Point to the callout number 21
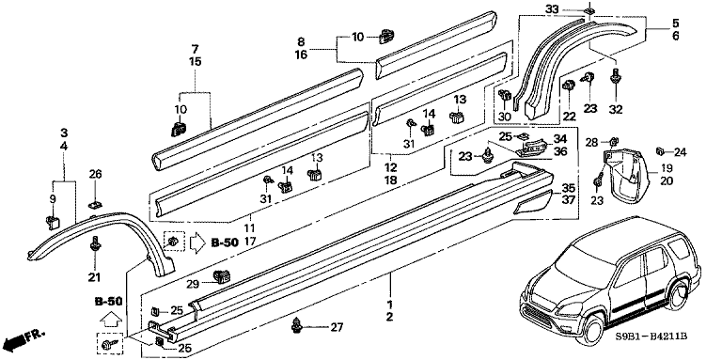coord(94,276)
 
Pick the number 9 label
coord(53,199)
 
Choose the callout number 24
coord(681,151)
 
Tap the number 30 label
coord(504,117)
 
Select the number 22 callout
coord(569,117)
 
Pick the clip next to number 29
coord(223,275)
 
